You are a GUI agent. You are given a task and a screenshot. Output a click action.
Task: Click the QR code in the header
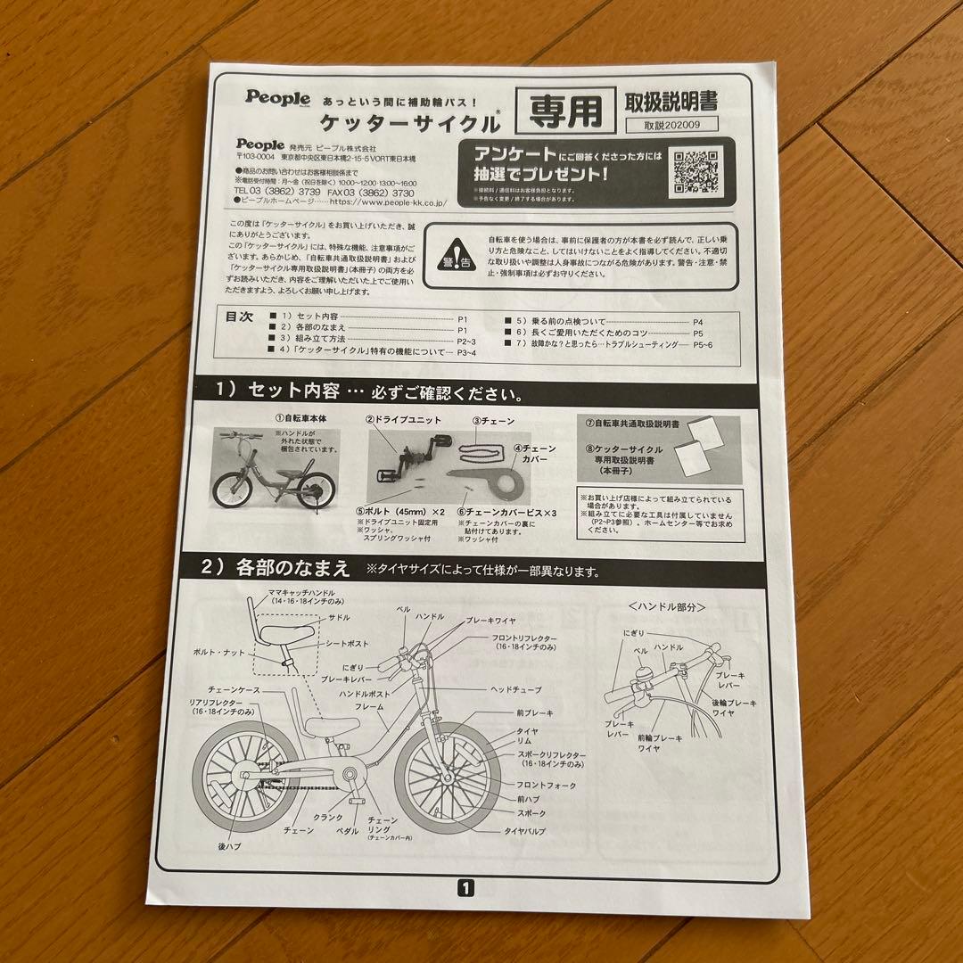(x=695, y=171)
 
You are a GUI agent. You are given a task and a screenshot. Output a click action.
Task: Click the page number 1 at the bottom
(x=467, y=886)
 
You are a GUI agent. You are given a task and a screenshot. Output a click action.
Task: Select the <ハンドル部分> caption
(x=667, y=606)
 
